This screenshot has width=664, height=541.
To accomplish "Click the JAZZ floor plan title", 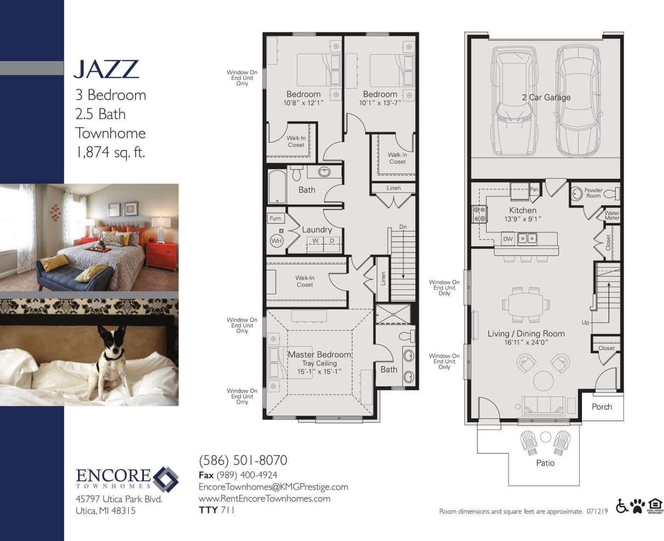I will [106, 69].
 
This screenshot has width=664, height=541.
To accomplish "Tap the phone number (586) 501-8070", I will [242, 460].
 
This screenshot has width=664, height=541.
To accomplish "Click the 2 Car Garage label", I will [546, 97].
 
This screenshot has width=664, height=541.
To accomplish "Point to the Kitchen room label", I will [523, 210].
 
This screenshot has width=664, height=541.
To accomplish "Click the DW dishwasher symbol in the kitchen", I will [507, 238].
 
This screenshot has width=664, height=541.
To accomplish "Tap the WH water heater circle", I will [276, 240].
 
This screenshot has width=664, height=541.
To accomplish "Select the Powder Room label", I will [593, 193].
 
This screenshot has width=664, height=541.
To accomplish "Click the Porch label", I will [602, 406].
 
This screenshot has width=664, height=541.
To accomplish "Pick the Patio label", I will [545, 463].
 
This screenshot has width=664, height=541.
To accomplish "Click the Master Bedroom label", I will [319, 354].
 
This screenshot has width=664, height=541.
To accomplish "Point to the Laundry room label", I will [317, 230].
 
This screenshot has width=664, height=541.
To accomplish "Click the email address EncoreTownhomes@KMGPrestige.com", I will [273, 487].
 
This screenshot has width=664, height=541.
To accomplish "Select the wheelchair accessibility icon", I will [622, 506].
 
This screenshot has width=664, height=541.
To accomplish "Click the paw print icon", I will [638, 506].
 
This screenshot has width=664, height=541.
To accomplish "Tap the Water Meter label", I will [612, 216].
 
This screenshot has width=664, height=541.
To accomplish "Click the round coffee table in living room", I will [543, 380].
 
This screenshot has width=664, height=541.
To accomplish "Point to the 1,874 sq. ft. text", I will [110, 153].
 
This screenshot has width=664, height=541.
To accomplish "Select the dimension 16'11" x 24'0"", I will [526, 342].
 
